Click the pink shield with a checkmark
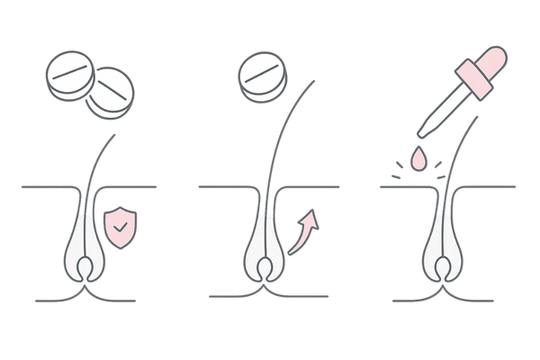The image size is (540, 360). pyautogui.click(x=120, y=226)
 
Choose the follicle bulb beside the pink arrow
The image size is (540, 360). pyautogui.click(x=263, y=247)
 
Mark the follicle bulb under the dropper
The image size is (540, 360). pyautogui.click(x=443, y=247)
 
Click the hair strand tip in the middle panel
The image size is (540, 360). pyautogui.click(x=315, y=82)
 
